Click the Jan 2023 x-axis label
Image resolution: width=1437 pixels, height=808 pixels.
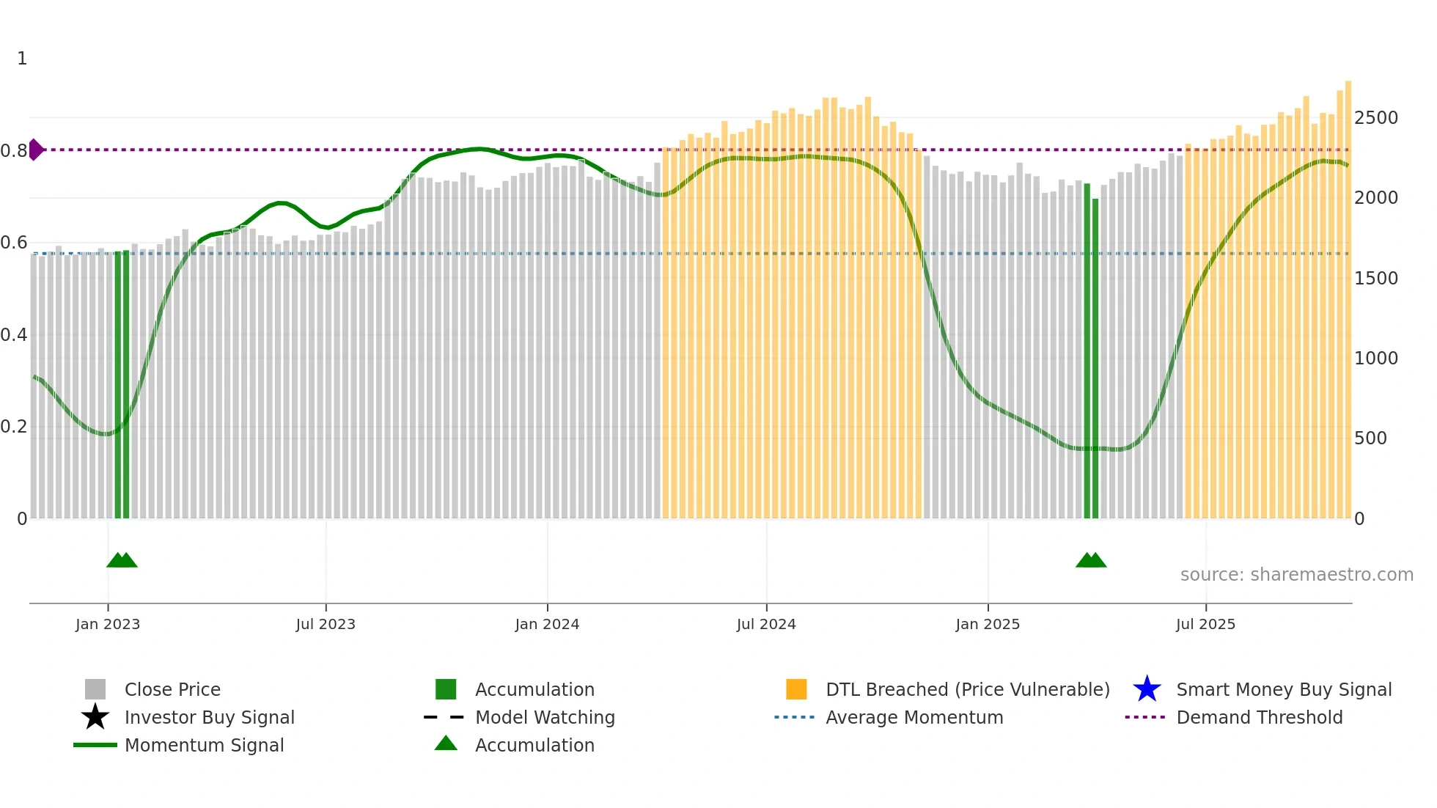tap(107, 624)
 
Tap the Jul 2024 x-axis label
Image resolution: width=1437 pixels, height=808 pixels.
tap(766, 624)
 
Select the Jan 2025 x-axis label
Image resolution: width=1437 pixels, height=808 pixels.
tap(988, 624)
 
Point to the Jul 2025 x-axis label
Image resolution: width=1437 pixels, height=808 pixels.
tap(1205, 624)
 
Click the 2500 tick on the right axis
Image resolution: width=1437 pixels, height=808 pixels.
tap(1375, 118)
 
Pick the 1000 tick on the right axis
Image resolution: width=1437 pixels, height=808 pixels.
tap(1375, 359)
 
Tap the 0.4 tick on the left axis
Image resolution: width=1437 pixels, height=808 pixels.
tap(14, 335)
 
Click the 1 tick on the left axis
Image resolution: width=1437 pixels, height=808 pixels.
tap(22, 59)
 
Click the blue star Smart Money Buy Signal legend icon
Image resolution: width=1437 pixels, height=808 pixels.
tap(1147, 689)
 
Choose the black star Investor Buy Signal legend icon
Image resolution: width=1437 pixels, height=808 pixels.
tap(95, 717)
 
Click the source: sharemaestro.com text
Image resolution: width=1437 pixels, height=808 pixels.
tap(1296, 575)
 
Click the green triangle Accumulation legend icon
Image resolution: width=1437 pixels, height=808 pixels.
tap(446, 743)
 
